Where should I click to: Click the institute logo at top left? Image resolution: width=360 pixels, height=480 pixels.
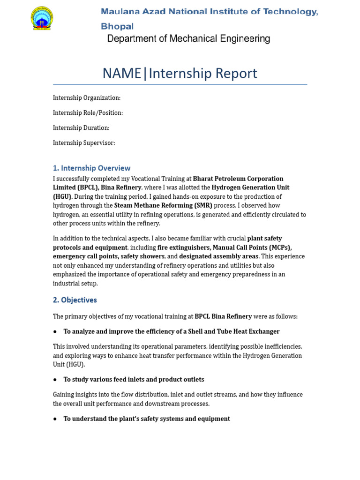click(42, 19)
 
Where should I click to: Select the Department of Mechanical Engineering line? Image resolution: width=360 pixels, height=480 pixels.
click(188, 39)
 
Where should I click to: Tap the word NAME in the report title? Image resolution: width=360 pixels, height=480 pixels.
click(122, 74)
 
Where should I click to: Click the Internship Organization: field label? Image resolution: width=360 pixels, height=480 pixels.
click(87, 97)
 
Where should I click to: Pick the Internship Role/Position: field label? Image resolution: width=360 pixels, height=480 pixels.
click(88, 112)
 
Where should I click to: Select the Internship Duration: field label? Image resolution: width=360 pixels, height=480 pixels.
click(81, 127)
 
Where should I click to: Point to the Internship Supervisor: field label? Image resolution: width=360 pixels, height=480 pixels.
click(84, 142)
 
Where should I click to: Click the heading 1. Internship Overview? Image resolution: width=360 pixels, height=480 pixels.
click(91, 168)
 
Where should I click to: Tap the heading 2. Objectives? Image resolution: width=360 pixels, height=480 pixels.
click(75, 300)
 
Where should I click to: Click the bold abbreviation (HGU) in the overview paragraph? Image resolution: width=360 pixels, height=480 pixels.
click(62, 196)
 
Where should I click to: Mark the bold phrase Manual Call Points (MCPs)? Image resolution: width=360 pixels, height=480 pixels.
click(252, 247)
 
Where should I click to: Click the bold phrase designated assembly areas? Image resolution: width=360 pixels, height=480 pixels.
click(219, 256)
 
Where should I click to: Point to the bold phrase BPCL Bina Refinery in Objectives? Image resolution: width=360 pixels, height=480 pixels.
click(223, 316)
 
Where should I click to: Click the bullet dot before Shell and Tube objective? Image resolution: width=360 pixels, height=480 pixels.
click(55, 331)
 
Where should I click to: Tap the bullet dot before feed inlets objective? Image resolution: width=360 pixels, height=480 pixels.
click(55, 379)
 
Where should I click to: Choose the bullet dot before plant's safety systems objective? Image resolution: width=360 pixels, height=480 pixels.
click(55, 419)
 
